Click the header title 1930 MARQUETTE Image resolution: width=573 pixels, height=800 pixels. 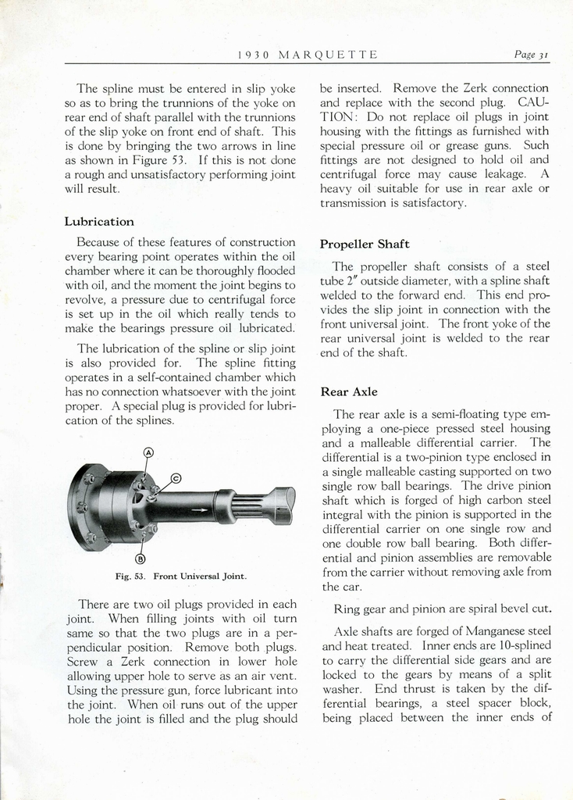tap(307, 55)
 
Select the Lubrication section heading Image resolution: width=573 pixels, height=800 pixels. tap(99, 222)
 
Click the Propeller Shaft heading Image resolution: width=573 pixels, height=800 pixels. tap(365, 244)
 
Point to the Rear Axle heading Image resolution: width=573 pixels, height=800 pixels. tap(349, 391)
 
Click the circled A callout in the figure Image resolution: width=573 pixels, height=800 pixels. tap(148, 452)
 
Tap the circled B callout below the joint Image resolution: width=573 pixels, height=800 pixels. tap(141, 558)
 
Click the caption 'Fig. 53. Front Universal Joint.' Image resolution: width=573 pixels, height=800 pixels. tap(180, 577)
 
